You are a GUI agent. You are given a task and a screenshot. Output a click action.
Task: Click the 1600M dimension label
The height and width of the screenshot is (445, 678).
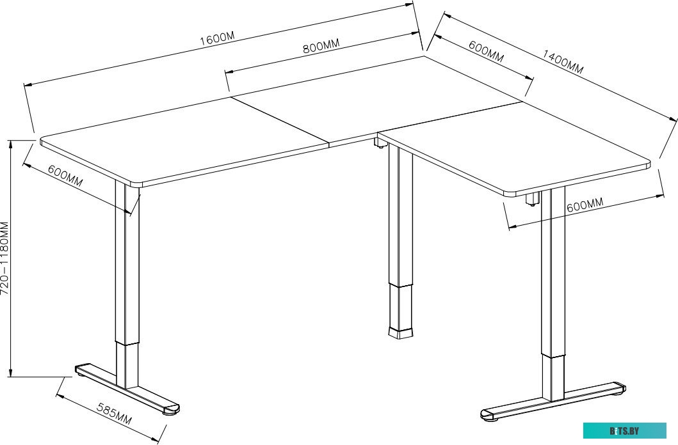coord(218,38)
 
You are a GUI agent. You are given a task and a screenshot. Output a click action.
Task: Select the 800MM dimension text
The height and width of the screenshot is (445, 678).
coord(320,45)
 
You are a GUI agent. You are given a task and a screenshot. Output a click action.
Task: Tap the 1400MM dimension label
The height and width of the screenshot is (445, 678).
coord(563,62)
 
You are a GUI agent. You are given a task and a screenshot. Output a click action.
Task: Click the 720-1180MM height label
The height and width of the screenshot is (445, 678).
coord(4,258)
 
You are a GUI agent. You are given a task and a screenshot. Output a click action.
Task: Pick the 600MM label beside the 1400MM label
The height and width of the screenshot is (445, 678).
coord(487,51)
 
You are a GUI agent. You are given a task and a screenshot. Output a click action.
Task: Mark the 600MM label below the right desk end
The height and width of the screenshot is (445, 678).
coord(585,205)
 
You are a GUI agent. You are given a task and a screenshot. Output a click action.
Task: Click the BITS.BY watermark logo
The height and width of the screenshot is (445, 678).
coord(624,430)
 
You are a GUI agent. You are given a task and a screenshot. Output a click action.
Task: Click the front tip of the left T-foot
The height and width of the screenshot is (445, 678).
coord(172,410)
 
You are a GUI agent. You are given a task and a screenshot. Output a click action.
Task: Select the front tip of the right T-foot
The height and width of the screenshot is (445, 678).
coord(488,415)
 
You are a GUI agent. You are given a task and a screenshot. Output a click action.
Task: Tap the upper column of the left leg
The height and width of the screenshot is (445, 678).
coord(127,263)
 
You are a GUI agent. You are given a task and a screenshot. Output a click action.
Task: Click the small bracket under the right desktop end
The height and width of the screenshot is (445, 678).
coord(533,199)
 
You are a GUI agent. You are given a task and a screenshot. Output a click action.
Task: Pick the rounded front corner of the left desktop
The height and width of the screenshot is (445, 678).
coord(136,184)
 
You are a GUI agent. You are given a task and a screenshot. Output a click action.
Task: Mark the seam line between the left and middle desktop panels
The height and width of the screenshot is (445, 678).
coord(280,120)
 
